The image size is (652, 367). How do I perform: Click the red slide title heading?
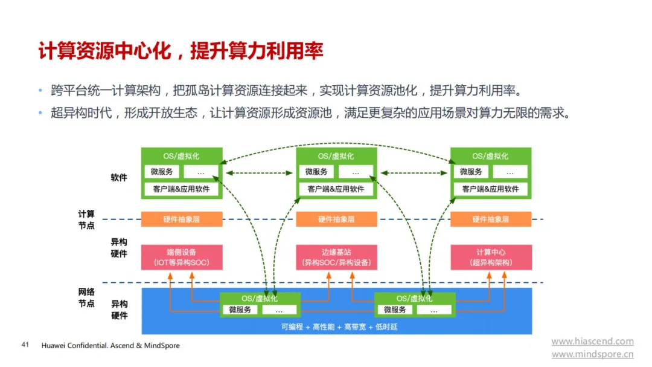pyautogui.click(x=181, y=51)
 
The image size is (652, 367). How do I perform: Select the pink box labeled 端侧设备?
pyautogui.click(x=182, y=258)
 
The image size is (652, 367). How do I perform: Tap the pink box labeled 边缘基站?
pyautogui.click(x=336, y=258)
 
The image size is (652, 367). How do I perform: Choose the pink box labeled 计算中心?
pyautogui.click(x=491, y=258)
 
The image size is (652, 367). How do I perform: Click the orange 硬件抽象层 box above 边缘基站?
pyautogui.click(x=336, y=219)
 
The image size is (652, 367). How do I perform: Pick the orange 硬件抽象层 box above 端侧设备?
pyautogui.click(x=182, y=219)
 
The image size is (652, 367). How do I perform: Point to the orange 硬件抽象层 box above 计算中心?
pyautogui.click(x=491, y=219)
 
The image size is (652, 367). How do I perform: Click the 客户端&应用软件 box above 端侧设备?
pyautogui.click(x=181, y=189)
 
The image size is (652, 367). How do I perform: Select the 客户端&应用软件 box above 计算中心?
pyautogui.click(x=491, y=189)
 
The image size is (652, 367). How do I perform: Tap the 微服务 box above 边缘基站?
pyautogui.click(x=316, y=172)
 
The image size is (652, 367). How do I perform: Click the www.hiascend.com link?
pyautogui.click(x=593, y=342)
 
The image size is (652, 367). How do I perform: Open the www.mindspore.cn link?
pyautogui.click(x=593, y=354)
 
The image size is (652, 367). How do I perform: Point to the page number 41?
pyautogui.click(x=25, y=345)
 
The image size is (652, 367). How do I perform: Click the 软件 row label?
pyautogui.click(x=119, y=178)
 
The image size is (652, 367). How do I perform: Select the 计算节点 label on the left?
pyautogui.click(x=86, y=219)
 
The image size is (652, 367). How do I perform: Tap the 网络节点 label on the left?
pyautogui.click(x=86, y=297)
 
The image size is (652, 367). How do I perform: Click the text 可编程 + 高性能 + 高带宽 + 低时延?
pyautogui.click(x=339, y=327)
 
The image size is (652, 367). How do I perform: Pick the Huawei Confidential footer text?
pyautogui.click(x=110, y=345)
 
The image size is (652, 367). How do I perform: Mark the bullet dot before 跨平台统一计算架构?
pyautogui.click(x=40, y=90)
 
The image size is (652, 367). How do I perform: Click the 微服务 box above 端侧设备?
pyautogui.click(x=162, y=172)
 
